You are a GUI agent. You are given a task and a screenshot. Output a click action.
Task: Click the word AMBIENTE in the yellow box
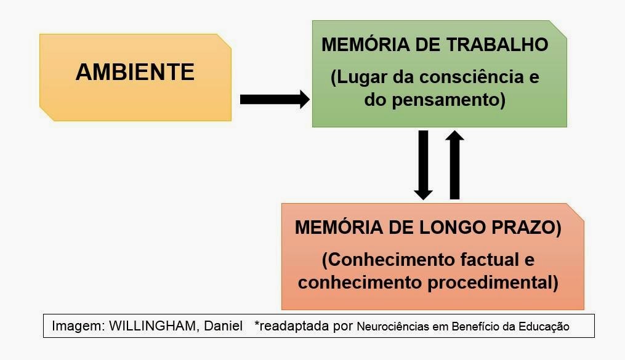pyautogui.click(x=135, y=73)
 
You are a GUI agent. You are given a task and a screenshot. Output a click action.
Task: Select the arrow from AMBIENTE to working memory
pyautogui.click(x=274, y=98)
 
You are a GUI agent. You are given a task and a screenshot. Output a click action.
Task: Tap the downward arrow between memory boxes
pyautogui.click(x=424, y=164)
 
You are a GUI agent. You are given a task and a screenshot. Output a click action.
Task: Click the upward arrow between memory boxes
pyautogui.click(x=454, y=164)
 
